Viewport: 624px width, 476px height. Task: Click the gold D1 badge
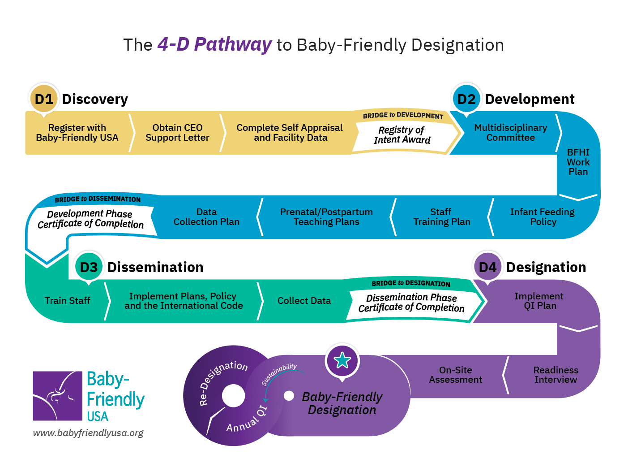(x=44, y=99)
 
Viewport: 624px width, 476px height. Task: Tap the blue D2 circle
(x=466, y=99)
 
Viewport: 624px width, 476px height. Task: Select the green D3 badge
(x=89, y=267)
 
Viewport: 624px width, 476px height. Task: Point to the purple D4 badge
(x=487, y=267)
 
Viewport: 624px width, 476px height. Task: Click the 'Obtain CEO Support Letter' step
(x=177, y=133)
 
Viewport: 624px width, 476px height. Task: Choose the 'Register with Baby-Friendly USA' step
(x=77, y=133)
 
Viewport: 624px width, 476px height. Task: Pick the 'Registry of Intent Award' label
(x=402, y=135)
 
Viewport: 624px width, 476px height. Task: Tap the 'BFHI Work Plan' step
(x=578, y=162)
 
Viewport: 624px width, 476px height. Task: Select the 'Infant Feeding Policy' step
(x=543, y=217)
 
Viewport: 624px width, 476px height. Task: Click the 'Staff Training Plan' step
(x=441, y=217)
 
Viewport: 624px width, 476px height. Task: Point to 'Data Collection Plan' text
(x=206, y=217)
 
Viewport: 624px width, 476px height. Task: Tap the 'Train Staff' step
(x=67, y=301)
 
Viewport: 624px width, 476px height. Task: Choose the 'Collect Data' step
(x=304, y=301)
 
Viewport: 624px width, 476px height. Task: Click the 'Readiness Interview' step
(x=556, y=375)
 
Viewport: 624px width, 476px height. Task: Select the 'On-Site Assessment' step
(x=455, y=375)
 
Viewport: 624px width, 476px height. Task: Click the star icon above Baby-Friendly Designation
(x=342, y=360)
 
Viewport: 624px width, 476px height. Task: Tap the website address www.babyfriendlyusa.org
(x=88, y=433)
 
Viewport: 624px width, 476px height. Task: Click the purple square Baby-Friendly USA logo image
(x=57, y=396)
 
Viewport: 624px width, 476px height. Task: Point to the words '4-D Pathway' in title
(x=214, y=44)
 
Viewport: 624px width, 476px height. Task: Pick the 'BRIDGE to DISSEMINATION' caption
(x=98, y=199)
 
